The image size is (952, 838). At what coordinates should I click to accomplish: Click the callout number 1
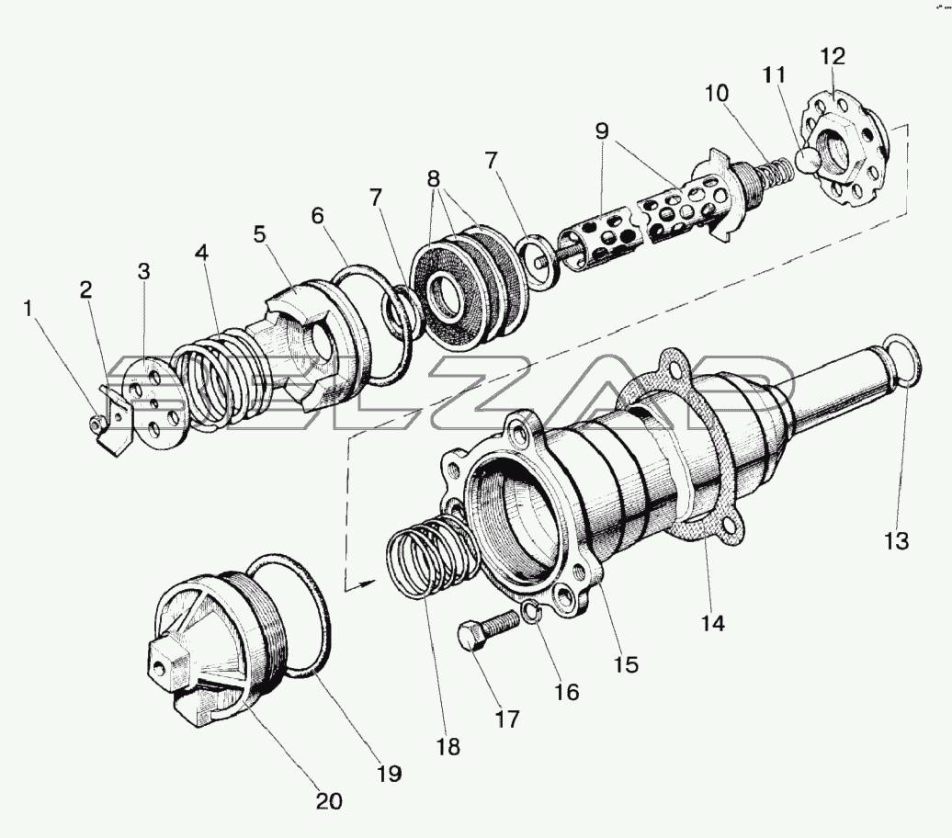click(x=28, y=309)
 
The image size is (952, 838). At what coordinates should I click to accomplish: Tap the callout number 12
click(x=833, y=56)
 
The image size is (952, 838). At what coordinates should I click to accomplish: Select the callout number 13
click(x=896, y=540)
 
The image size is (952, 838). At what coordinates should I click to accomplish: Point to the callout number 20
click(x=329, y=801)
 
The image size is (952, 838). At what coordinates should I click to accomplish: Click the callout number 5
click(x=259, y=234)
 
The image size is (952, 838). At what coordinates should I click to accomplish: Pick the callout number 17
click(x=507, y=719)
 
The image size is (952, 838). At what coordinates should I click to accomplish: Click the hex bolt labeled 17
click(x=489, y=629)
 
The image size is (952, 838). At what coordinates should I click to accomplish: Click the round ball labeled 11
click(x=808, y=160)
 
